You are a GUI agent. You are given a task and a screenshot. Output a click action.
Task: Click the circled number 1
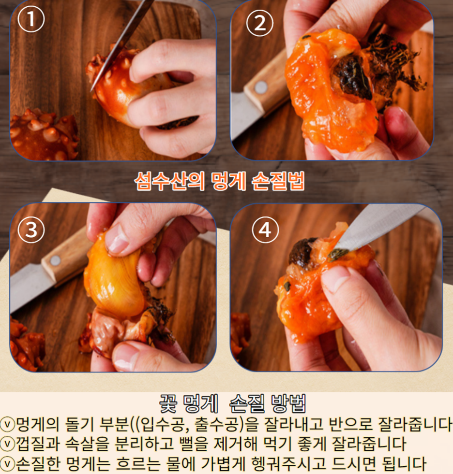[31, 19]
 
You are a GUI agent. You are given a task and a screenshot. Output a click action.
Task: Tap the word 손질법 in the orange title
[278, 181]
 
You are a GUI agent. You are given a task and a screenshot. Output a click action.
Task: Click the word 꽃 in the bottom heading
[168, 403]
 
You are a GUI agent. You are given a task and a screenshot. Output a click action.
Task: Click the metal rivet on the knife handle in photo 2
[261, 87]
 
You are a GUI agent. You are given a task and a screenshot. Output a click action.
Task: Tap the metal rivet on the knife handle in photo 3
[55, 260]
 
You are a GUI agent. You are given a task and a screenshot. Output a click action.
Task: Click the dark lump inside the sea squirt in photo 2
[352, 77]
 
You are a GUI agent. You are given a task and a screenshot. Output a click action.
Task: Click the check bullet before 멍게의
[7, 424]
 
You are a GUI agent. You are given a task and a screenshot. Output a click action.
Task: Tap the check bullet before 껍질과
[7, 444]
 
